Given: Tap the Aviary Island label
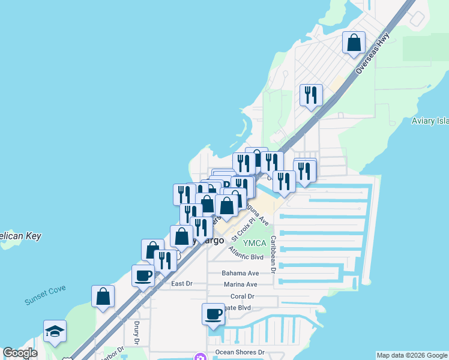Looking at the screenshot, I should pyautogui.click(x=430, y=121).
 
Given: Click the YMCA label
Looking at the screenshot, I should pyautogui.click(x=253, y=242).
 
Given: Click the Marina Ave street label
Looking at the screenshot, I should pyautogui.click(x=240, y=284).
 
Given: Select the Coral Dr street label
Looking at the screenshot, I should pyautogui.click(x=243, y=296).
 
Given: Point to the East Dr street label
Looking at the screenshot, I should pyautogui.click(x=181, y=283).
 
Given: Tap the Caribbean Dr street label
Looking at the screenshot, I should pyautogui.click(x=272, y=254).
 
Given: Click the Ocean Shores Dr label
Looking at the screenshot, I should pyautogui.click(x=240, y=352).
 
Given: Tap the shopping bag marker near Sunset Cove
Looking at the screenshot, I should pyautogui.click(x=103, y=296).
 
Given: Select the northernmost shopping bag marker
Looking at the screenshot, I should pyautogui.click(x=354, y=43).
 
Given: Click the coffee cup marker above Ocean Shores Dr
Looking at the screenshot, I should pyautogui.click(x=213, y=314).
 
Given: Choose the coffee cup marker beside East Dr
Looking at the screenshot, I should pyautogui.click(x=143, y=277).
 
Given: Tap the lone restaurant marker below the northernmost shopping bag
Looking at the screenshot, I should pyautogui.click(x=311, y=95).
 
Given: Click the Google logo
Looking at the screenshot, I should pyautogui.click(x=20, y=353).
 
